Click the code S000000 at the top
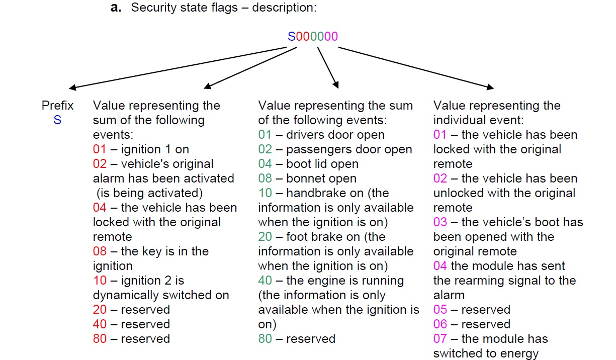312,37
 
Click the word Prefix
57,106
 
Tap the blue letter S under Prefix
57,121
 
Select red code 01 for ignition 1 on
100,149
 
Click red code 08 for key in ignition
100,251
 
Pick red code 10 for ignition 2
100,281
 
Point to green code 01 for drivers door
265,135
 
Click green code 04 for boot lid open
265,164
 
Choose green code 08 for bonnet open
265,178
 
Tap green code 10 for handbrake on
265,193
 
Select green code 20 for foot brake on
265,237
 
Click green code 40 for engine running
265,281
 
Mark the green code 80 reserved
265,339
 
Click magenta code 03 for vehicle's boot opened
440,222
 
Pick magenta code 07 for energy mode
440,339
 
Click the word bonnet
303,178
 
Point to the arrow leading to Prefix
176,68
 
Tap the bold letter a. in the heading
117,9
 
